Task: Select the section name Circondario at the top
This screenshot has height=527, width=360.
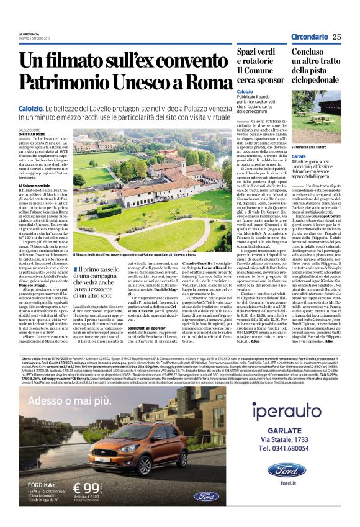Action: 308,37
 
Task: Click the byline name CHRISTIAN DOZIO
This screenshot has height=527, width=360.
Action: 32,133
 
